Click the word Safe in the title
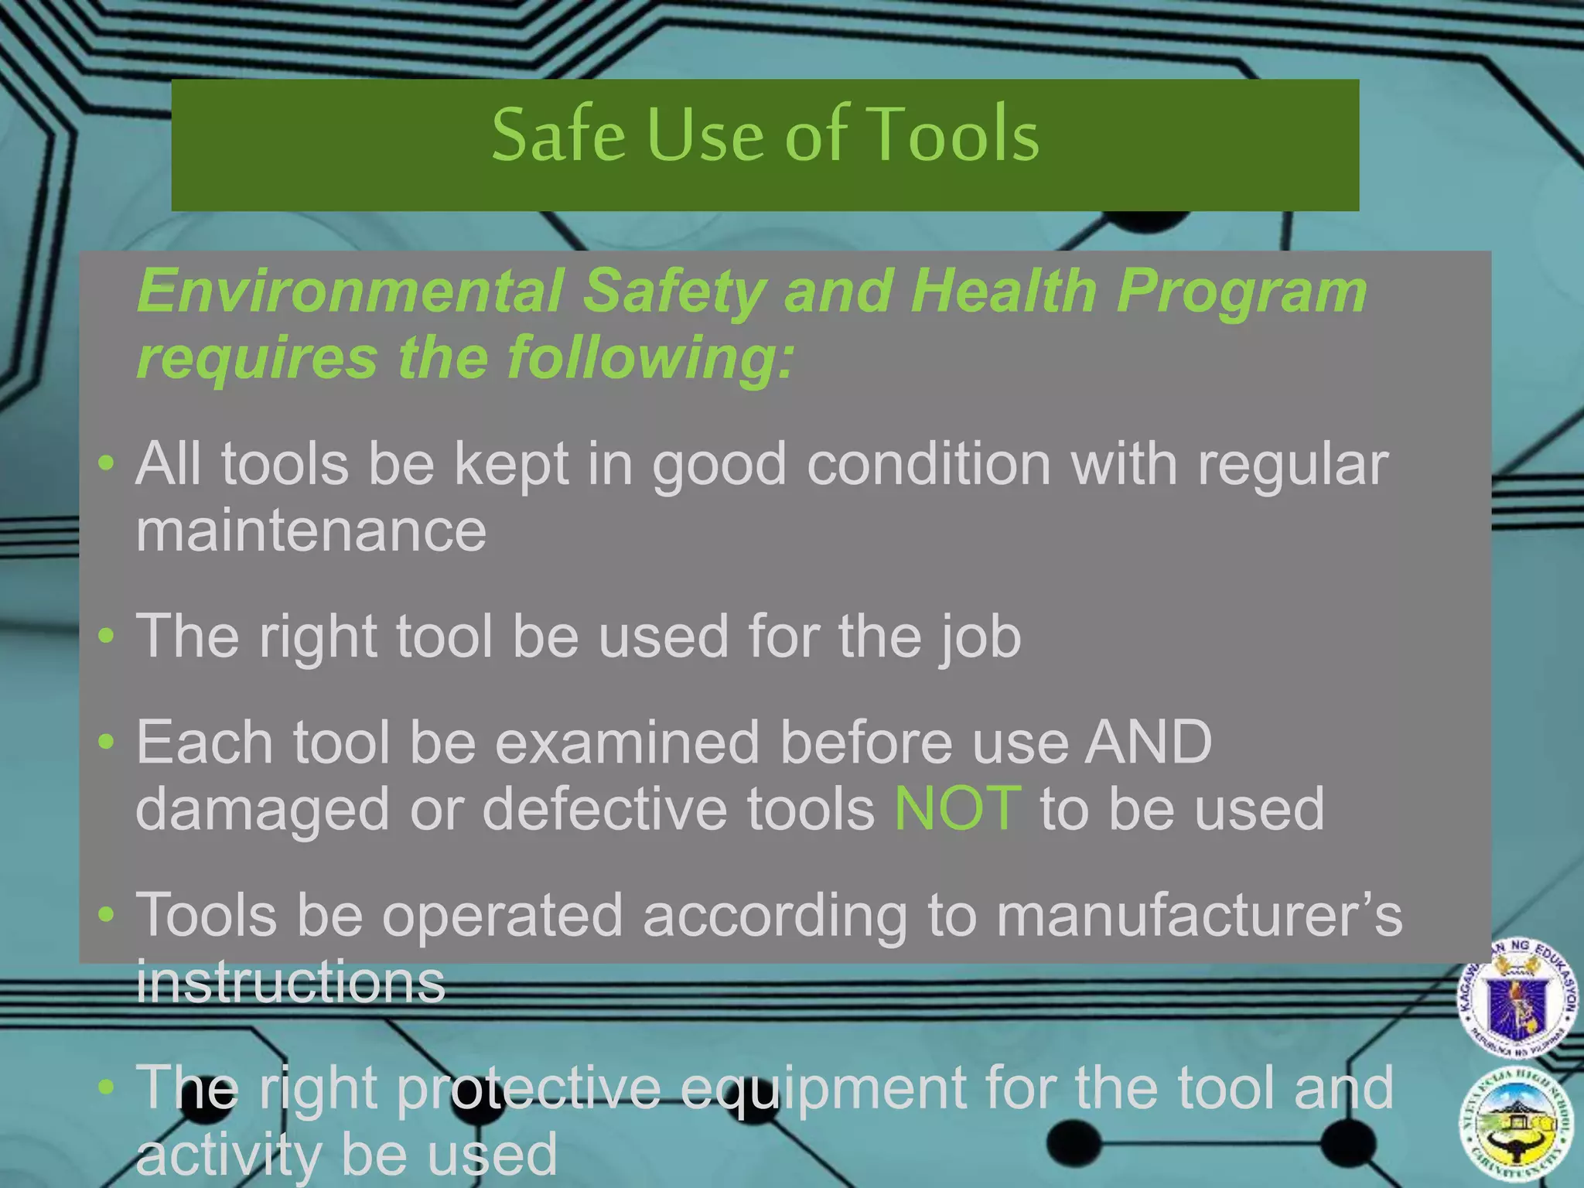[x=558, y=135]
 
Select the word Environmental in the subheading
[x=350, y=291]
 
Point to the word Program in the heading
[x=1241, y=292]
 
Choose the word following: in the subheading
[x=650, y=357]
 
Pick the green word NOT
[x=958, y=809]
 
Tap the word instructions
[x=291, y=981]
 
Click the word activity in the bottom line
[x=230, y=1154]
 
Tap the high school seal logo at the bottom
[x=1517, y=1126]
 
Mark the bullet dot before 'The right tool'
[x=107, y=636]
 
